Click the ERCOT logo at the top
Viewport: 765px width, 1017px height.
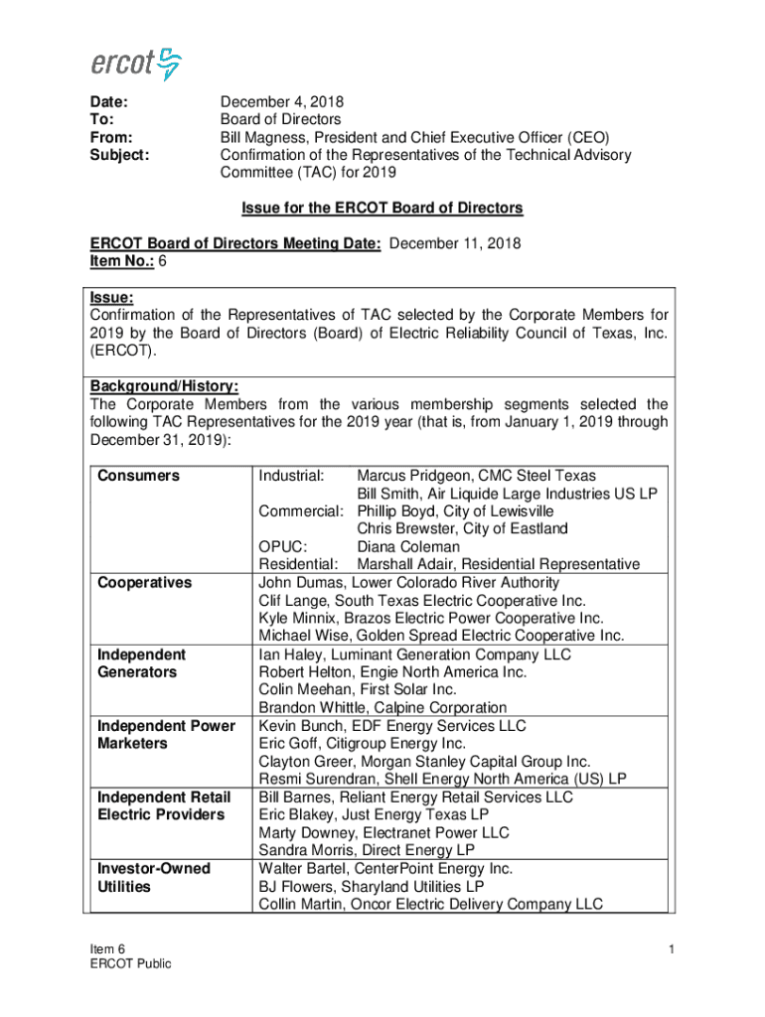[136, 64]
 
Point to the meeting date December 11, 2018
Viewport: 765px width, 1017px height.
[456, 243]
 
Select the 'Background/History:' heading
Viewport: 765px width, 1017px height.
[164, 386]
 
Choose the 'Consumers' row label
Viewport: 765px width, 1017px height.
[139, 476]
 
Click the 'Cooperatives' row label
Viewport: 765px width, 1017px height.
[145, 583]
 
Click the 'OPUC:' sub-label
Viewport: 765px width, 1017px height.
[283, 547]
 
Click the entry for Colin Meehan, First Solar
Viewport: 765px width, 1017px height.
[359, 689]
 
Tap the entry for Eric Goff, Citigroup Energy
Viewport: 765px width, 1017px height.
[362, 743]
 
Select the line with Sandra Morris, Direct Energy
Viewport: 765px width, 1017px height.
[367, 850]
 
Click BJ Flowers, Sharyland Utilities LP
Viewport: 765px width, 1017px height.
[372, 886]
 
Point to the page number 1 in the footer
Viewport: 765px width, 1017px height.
[672, 950]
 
